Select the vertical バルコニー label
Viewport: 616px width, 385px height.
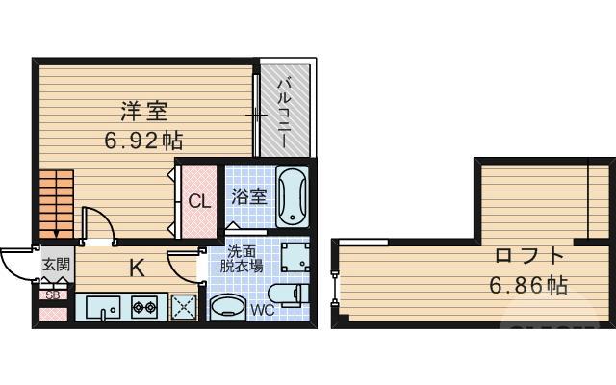coord(286,113)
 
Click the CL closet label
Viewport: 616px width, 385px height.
coord(199,202)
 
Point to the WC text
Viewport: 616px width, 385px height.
coord(263,310)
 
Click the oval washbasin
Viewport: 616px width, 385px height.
coord(227,307)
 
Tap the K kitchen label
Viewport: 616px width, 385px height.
coord(138,269)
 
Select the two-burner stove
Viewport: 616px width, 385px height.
coord(143,308)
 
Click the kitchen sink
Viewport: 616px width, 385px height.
coord(101,308)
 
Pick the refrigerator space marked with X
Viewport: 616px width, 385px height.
coord(183,307)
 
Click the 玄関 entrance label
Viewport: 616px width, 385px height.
coord(55,264)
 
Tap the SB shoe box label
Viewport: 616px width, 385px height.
coord(53,295)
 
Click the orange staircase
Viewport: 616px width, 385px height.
coord(57,201)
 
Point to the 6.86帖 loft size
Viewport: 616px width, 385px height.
coord(528,285)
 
